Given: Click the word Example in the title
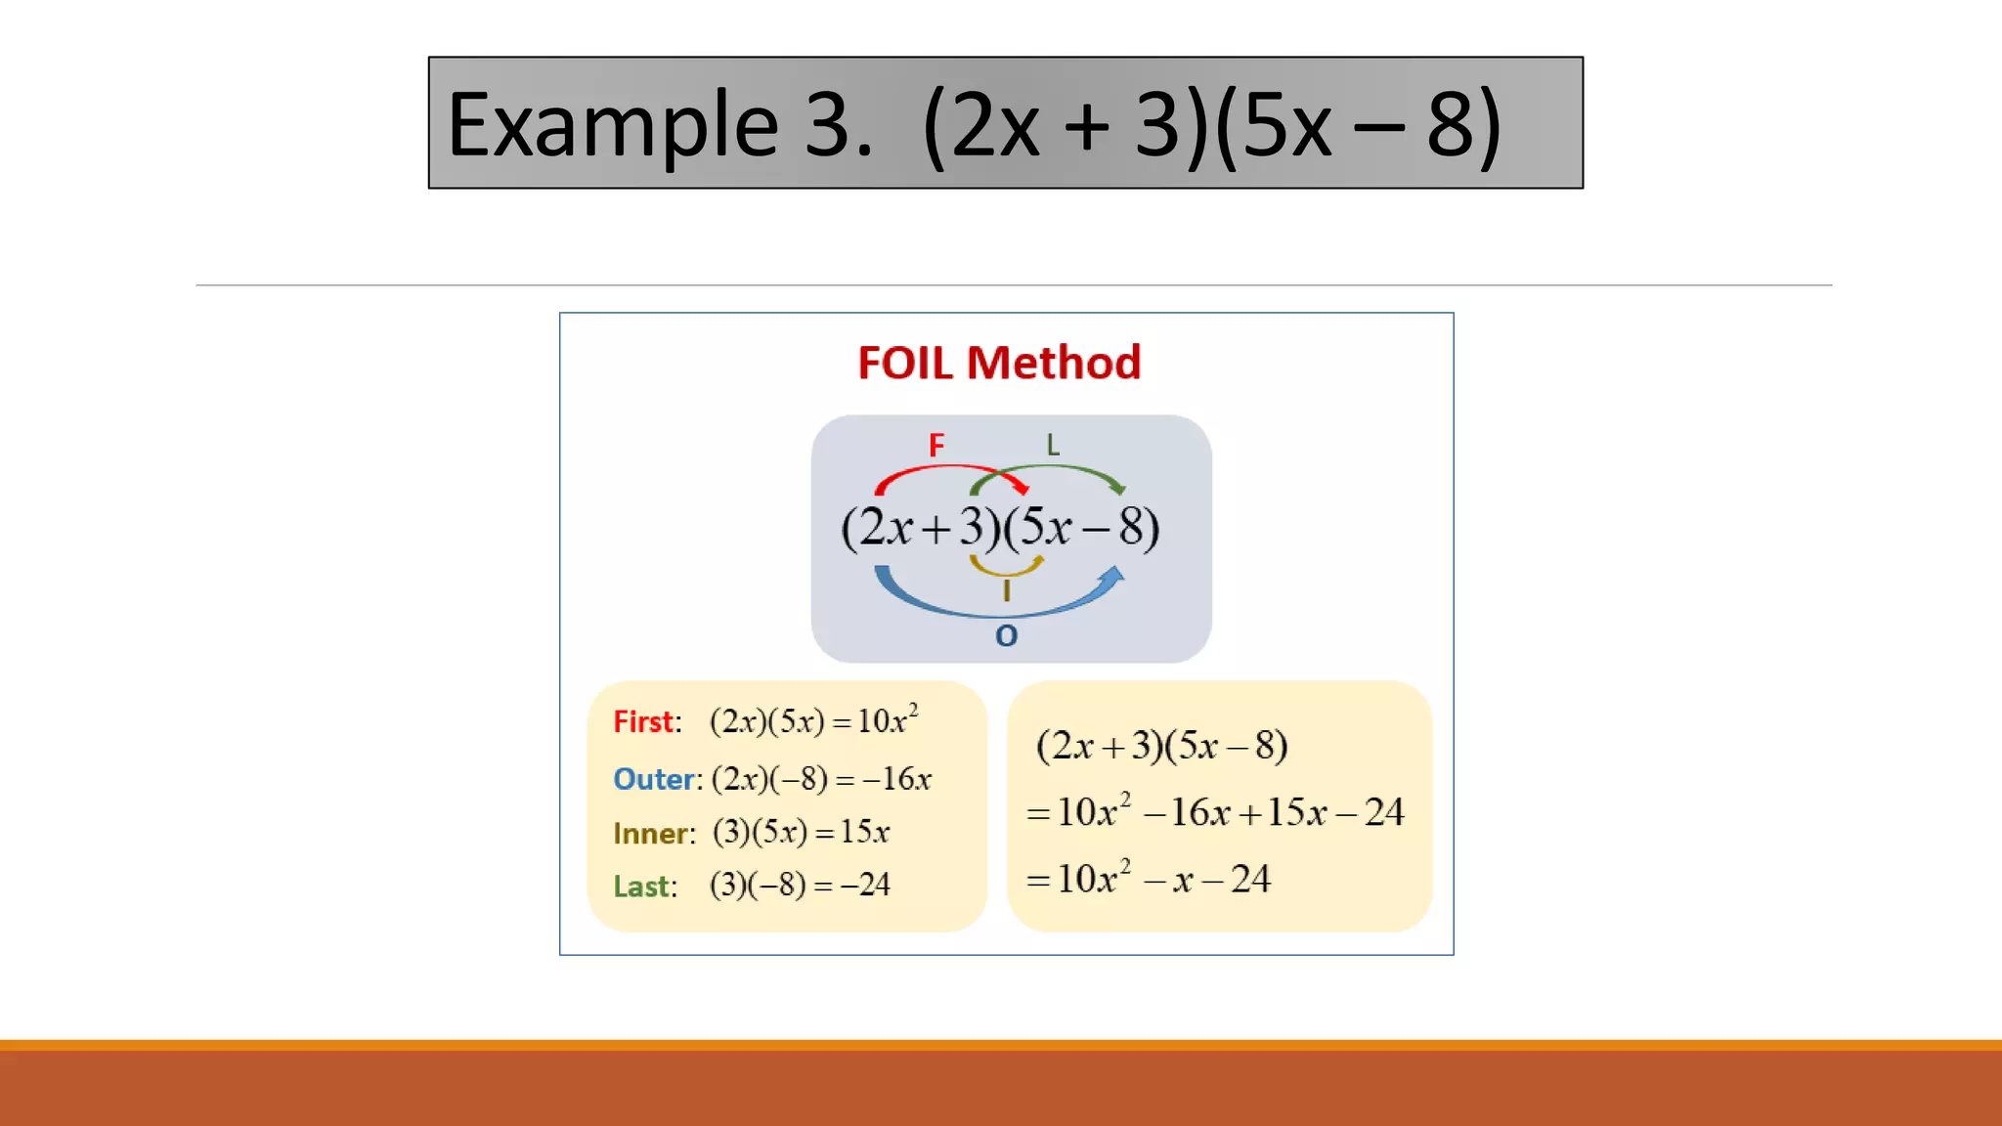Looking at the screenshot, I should click(x=612, y=125).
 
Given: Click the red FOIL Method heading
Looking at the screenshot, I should click(x=999, y=363).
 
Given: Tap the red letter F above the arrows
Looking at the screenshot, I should click(x=936, y=446).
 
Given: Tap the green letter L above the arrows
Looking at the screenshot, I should click(x=1053, y=446).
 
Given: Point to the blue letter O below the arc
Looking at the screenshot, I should click(x=1006, y=636).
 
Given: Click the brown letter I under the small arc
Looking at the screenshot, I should click(x=1006, y=590).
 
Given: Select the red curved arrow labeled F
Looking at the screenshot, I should click(x=948, y=471).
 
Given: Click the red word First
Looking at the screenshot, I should click(x=643, y=721).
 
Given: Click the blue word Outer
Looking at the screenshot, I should click(x=653, y=779).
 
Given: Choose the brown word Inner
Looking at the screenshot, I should click(x=650, y=833).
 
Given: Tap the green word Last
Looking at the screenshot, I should click(x=641, y=886).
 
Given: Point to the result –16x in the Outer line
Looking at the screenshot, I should click(x=896, y=779).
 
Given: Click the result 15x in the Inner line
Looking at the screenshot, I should click(x=864, y=832).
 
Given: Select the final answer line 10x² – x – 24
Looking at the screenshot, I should click(x=1149, y=878).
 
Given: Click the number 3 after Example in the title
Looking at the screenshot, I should click(x=827, y=125).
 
